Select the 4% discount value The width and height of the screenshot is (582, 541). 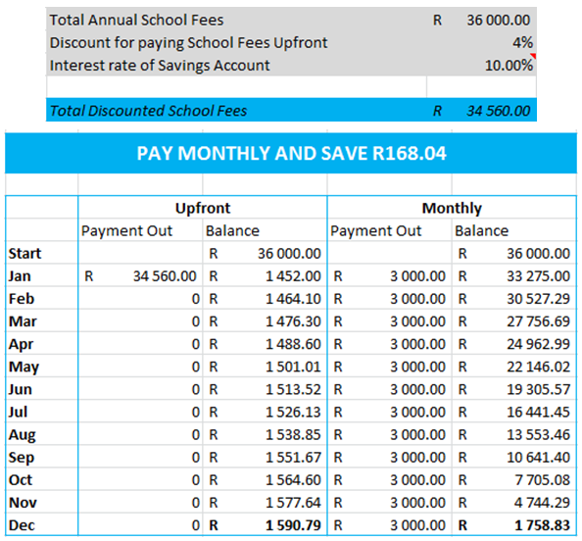click(x=522, y=42)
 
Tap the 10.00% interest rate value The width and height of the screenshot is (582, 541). click(x=509, y=65)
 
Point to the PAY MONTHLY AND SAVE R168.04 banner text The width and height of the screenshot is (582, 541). click(x=291, y=154)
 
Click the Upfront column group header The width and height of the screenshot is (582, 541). click(x=202, y=209)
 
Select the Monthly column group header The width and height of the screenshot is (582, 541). click(x=452, y=209)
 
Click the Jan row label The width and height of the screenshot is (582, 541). click(x=20, y=276)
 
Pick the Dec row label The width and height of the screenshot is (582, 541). click(x=21, y=525)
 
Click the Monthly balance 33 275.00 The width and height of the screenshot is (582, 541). click(x=538, y=276)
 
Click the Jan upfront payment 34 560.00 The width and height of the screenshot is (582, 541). click(x=165, y=276)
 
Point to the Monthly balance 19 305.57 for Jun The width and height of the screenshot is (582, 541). click(x=538, y=390)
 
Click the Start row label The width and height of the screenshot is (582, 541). click(x=24, y=254)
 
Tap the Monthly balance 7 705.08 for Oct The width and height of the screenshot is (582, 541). click(x=542, y=480)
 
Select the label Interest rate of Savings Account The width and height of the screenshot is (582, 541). click(x=160, y=65)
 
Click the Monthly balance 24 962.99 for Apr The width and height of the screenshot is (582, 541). click(x=538, y=345)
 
